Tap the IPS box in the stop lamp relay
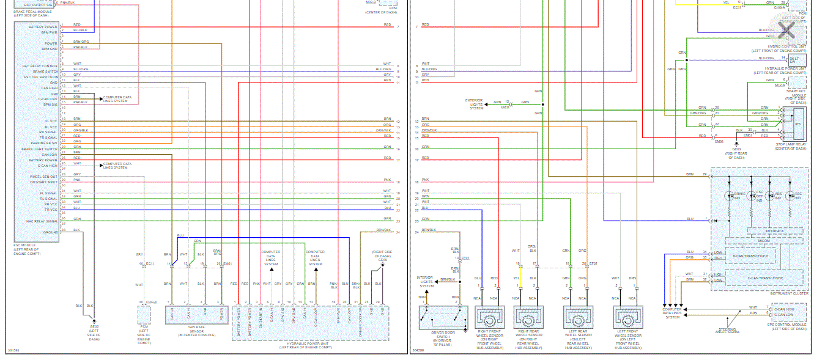(797, 124)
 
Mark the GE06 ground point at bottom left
(94, 319)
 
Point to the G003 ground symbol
(736, 144)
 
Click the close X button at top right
(787, 29)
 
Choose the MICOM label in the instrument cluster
(763, 241)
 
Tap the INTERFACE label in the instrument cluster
(774, 231)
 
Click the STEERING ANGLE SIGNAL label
(727, 331)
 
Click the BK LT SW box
(794, 59)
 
